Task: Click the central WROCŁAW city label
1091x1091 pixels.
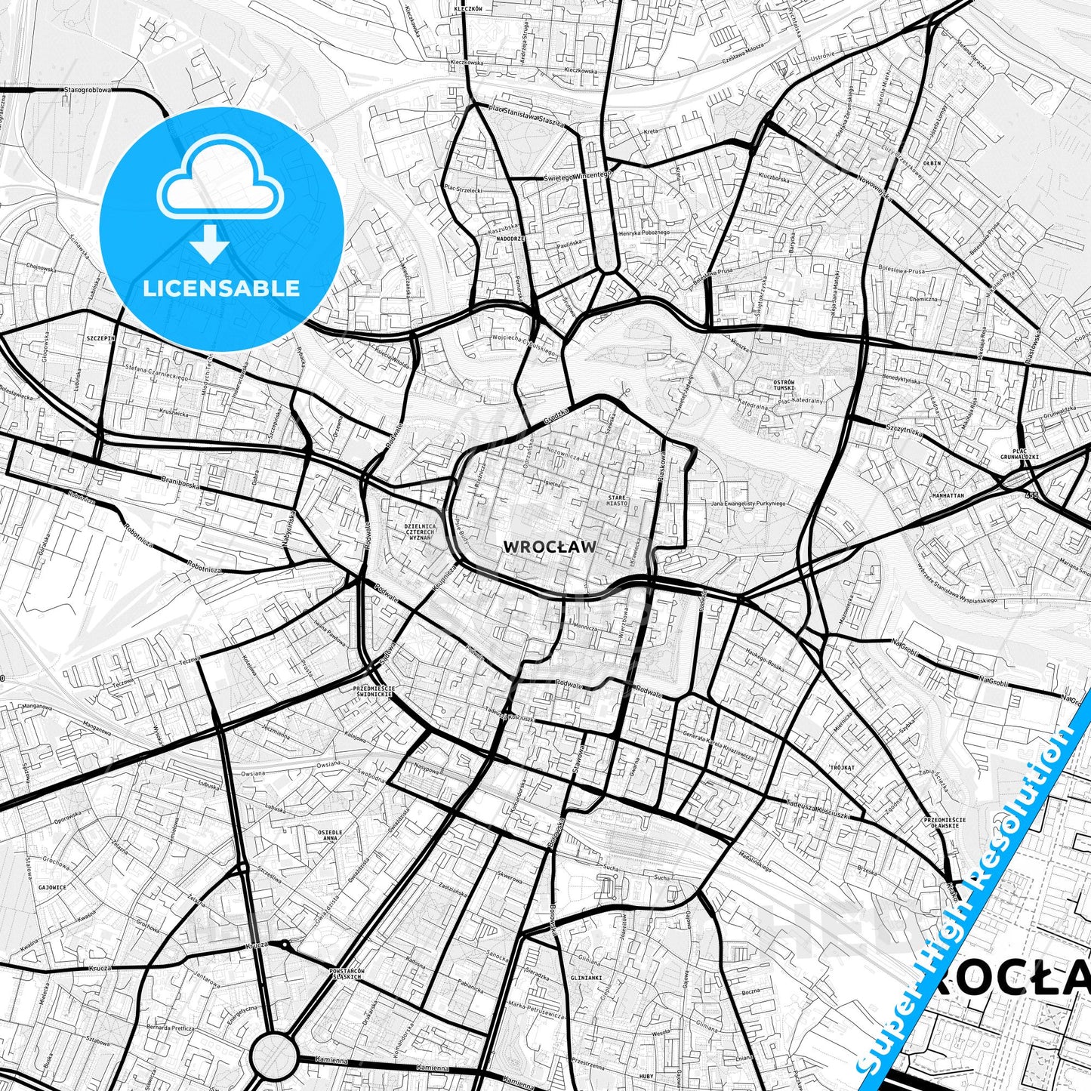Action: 549,547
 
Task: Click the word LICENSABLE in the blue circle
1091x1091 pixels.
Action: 221,288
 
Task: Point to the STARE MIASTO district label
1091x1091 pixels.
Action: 616,500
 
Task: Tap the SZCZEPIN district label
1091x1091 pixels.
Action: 100,338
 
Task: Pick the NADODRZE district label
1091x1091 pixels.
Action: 510,239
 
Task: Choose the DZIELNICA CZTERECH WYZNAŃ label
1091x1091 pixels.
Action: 421,532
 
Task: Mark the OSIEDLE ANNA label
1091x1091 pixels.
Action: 331,835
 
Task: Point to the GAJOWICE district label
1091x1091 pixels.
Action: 52,888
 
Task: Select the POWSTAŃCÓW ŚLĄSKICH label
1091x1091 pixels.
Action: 347,974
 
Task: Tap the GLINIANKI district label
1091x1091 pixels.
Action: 586,977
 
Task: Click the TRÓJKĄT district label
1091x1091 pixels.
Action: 842,767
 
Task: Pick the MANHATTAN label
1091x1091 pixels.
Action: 948,496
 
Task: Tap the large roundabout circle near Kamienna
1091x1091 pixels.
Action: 273,1054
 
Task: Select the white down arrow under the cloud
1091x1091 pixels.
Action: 211,246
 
